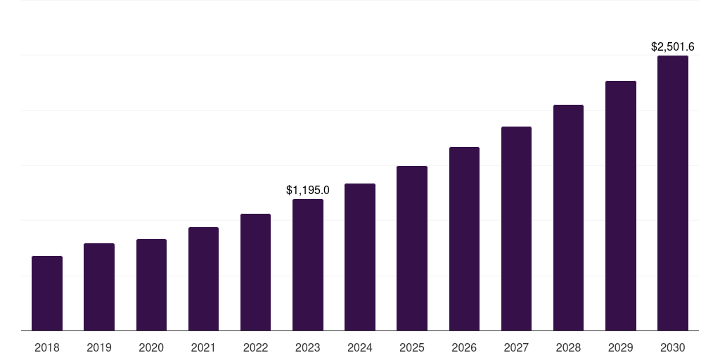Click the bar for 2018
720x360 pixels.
[x=47, y=293]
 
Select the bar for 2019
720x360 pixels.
[x=99, y=287]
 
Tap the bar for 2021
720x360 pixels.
[x=203, y=279]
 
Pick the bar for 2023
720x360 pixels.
[x=308, y=265]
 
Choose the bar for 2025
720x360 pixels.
[x=412, y=248]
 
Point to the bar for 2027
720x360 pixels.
[x=516, y=229]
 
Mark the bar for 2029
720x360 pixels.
[x=621, y=206]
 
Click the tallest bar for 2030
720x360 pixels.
[x=673, y=193]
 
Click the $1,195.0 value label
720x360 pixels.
[x=308, y=190]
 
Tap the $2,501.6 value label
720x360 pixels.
[x=673, y=47]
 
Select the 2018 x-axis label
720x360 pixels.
[x=47, y=347]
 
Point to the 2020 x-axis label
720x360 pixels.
[x=151, y=347]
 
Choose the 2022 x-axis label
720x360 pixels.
[x=255, y=347]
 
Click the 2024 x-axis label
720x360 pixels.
[x=360, y=347]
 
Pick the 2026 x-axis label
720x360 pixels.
[x=464, y=347]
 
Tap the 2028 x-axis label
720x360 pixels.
[x=568, y=347]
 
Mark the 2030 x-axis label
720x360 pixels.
[x=673, y=347]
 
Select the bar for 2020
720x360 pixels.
[x=151, y=285]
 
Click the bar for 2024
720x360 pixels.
[x=360, y=257]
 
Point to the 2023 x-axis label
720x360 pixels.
[x=308, y=347]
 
